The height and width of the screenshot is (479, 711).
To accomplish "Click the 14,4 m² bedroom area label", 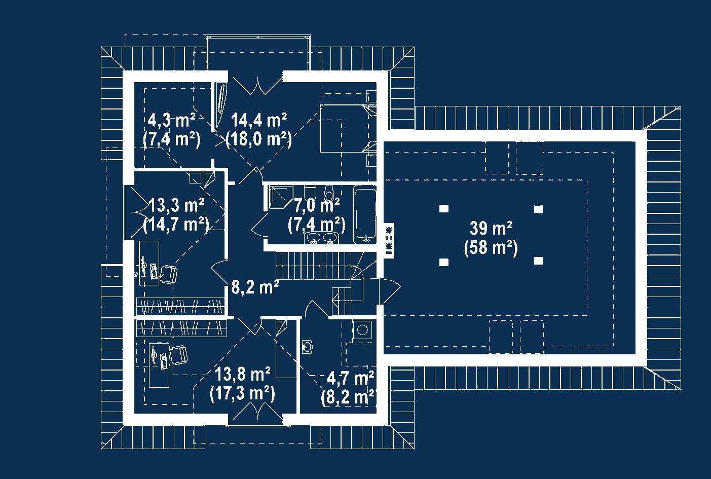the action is (x=259, y=120).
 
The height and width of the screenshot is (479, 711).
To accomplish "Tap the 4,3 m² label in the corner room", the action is (x=171, y=120).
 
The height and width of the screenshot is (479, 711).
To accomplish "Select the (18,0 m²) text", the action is (x=258, y=139).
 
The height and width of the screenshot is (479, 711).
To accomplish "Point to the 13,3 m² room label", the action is (x=176, y=205).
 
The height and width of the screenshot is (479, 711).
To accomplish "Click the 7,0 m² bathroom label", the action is (x=317, y=205).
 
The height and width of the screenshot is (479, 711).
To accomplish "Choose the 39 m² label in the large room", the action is (x=491, y=228).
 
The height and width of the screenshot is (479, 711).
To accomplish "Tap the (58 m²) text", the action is (x=491, y=247).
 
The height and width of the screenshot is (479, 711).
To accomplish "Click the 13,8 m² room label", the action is (x=243, y=374).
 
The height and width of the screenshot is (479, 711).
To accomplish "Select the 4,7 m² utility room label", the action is (x=350, y=378).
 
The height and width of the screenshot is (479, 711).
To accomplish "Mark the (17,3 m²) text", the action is (x=242, y=393).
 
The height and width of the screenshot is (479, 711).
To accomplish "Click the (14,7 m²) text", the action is (x=176, y=225).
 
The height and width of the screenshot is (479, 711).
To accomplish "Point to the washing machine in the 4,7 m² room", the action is (x=362, y=330).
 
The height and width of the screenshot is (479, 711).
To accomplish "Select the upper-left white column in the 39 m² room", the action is (x=444, y=208).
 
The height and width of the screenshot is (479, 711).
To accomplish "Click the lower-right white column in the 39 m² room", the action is (x=539, y=261).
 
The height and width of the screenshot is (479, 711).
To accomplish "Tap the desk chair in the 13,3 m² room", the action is (x=168, y=274).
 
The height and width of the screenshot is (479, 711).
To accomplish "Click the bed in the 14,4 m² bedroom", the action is (x=346, y=129).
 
